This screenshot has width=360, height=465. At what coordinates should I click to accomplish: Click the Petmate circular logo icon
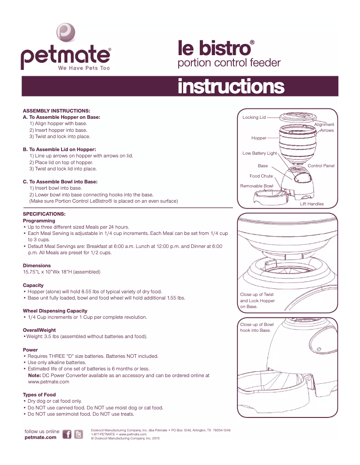(x=66, y=33)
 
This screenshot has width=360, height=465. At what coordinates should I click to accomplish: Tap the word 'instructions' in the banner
(x=231, y=86)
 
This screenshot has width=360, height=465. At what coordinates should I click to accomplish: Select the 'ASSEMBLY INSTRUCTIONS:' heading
(x=57, y=110)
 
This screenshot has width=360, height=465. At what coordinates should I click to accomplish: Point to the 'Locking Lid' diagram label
(x=254, y=117)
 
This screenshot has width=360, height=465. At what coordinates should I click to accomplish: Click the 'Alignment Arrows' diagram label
(x=325, y=127)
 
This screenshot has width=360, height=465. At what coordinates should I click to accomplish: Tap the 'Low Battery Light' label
(x=259, y=153)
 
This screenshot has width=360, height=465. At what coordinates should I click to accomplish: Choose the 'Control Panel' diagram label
(x=321, y=166)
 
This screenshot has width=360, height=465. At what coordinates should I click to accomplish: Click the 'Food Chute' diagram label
(x=261, y=176)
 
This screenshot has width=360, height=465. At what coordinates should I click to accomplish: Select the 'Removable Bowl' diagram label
(x=256, y=186)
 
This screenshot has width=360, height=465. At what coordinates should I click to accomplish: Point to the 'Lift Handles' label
(x=312, y=204)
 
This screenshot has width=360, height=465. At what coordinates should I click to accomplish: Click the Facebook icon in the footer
(x=67, y=435)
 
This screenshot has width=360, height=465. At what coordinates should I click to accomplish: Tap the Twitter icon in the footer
(x=79, y=435)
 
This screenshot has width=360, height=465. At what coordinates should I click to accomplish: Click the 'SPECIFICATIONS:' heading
(x=44, y=214)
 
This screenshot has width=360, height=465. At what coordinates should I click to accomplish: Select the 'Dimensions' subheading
(x=37, y=265)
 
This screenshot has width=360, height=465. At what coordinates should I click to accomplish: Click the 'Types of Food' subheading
(x=40, y=395)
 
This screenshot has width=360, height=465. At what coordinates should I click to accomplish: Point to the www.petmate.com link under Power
(x=48, y=382)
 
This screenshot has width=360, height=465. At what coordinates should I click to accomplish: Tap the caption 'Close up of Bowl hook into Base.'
(x=257, y=327)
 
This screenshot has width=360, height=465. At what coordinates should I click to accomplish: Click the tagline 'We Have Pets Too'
(x=83, y=68)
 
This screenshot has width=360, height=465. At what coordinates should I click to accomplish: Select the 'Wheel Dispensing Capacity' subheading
(x=55, y=311)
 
